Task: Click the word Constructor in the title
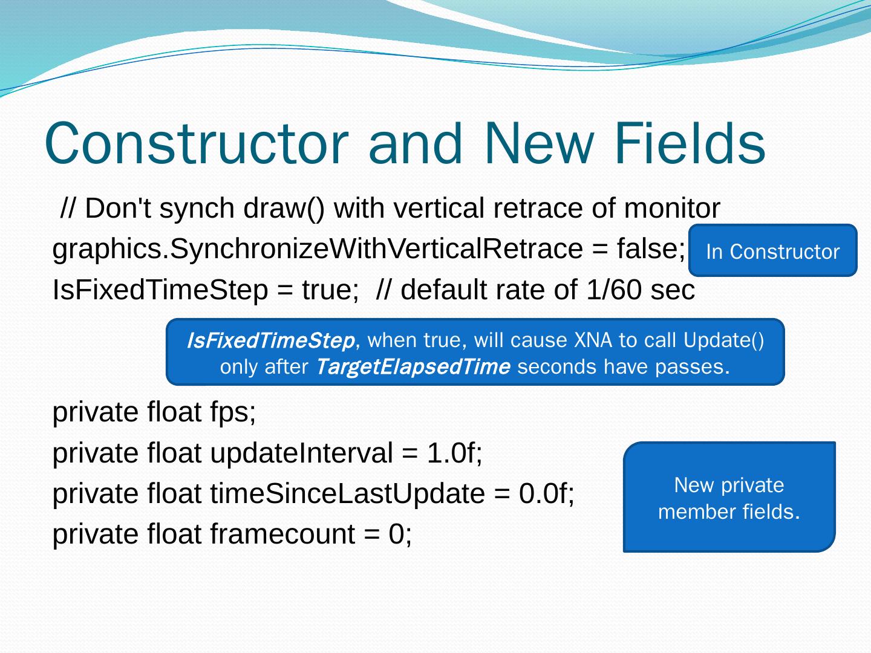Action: [197, 143]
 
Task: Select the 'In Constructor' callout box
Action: [773, 250]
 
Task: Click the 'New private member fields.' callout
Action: [729, 497]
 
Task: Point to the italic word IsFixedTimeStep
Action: [270, 340]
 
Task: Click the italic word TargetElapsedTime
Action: [413, 367]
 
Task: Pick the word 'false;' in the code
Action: [651, 249]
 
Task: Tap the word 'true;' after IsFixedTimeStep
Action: [330, 290]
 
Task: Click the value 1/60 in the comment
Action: [613, 290]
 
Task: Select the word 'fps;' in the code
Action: [233, 413]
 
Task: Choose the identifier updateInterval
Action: [302, 453]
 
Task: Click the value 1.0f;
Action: [454, 453]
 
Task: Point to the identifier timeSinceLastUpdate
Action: [348, 494]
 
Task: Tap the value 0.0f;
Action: [547, 494]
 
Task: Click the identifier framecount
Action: [282, 534]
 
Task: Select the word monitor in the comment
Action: [672, 208]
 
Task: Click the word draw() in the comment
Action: [284, 209]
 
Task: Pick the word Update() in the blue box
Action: [723, 340]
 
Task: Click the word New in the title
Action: [539, 143]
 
